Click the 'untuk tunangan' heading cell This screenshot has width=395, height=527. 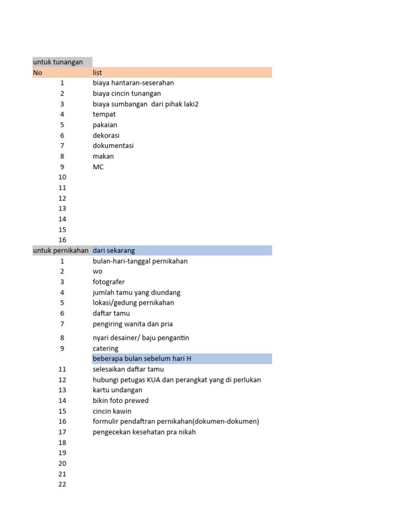tap(58, 62)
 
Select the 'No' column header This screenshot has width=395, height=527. tap(38, 73)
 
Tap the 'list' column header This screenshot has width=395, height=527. tap(98, 73)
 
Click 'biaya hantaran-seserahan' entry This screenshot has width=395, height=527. tap(133, 83)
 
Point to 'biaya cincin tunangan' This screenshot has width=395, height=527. tap(127, 94)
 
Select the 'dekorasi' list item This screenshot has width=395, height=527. tap(106, 135)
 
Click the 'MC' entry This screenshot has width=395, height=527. tap(98, 167)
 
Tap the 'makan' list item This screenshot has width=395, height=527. tap(103, 156)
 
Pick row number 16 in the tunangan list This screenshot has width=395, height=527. tap(62, 240)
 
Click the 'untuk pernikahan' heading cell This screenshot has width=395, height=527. tap(61, 251)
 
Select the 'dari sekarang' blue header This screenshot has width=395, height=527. tap(114, 251)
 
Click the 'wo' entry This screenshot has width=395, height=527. tap(98, 271)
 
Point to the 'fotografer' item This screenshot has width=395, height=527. tap(109, 282)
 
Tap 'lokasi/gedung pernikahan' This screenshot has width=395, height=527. tap(133, 303)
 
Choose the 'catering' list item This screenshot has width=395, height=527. tap(105, 348)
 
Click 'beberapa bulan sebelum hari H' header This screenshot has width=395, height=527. tap(142, 359)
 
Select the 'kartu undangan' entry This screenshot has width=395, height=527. tap(117, 390)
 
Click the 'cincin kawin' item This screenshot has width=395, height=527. tap(112, 411)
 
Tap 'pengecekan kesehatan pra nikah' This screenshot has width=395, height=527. tap(144, 432)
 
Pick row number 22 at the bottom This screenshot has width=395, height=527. tap(62, 484)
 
